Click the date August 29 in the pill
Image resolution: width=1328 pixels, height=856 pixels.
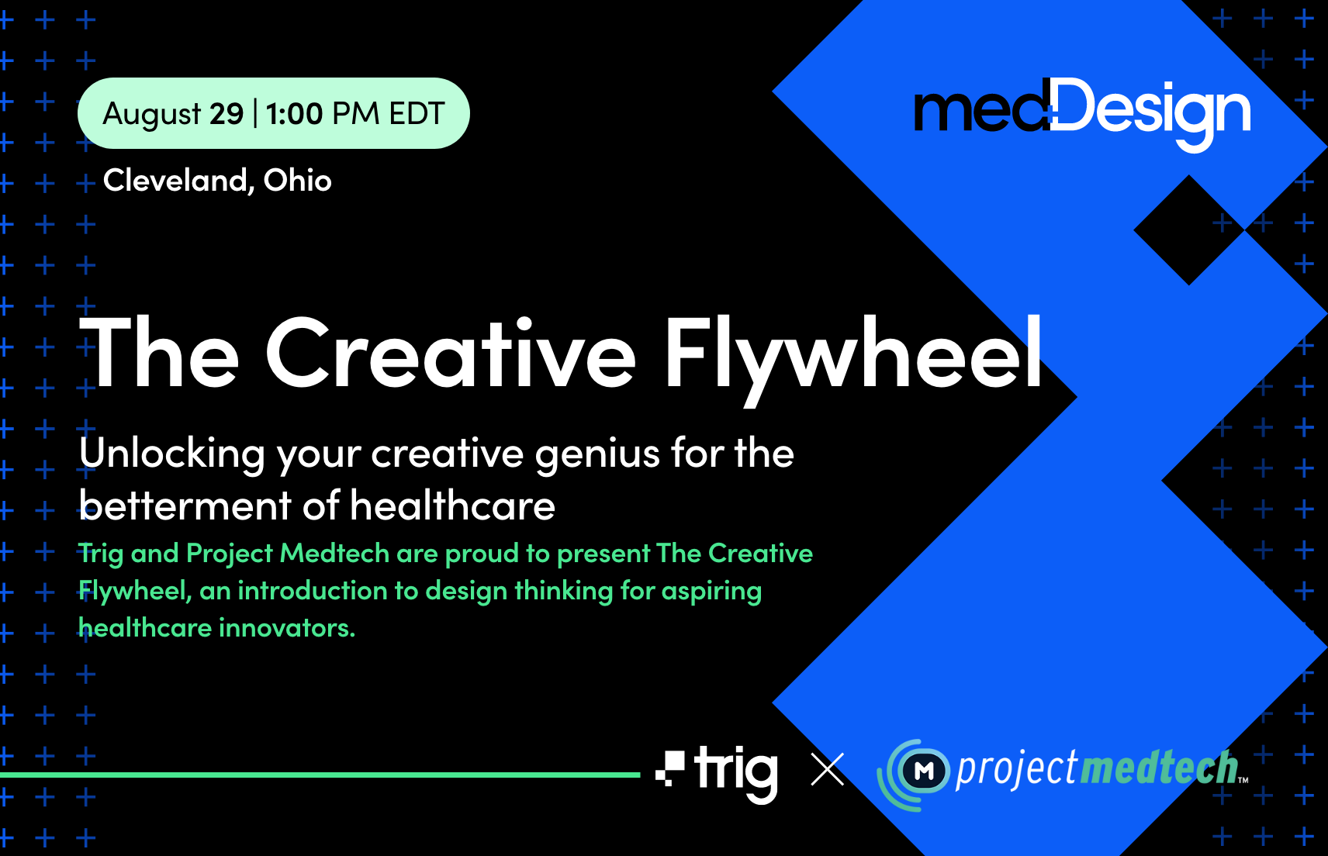pyautogui.click(x=173, y=114)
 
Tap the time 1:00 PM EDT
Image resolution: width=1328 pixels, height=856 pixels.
pyautogui.click(x=355, y=114)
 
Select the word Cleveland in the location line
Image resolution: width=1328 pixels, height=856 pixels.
pyautogui.click(x=175, y=181)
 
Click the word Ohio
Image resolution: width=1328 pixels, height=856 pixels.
pyautogui.click(x=298, y=181)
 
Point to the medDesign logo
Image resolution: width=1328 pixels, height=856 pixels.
pyautogui.click(x=1082, y=112)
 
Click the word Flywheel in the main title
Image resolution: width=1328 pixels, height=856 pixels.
pyautogui.click(x=853, y=354)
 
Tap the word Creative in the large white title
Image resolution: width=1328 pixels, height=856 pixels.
pyautogui.click(x=451, y=354)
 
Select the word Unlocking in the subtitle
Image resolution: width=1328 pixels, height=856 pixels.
pyautogui.click(x=171, y=454)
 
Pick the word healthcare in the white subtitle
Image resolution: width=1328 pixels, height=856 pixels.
pyautogui.click(x=453, y=506)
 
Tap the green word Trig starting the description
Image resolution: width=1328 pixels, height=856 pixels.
pyautogui.click(x=101, y=554)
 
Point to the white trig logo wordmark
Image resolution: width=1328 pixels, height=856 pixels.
pyautogui.click(x=735, y=771)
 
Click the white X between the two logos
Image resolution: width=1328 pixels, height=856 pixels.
pyautogui.click(x=828, y=770)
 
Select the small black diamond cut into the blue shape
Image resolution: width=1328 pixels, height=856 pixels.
pyautogui.click(x=1188, y=230)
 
